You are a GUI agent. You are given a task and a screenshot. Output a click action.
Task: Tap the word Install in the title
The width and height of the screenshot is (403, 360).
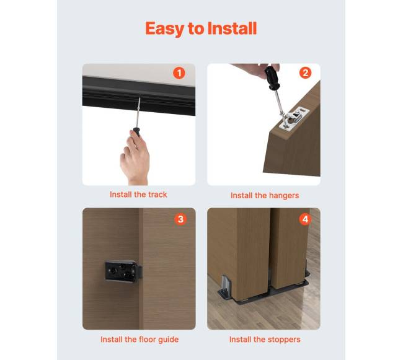pyautogui.click(x=232, y=28)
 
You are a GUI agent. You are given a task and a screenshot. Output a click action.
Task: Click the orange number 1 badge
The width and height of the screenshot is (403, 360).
pyautogui.click(x=179, y=73)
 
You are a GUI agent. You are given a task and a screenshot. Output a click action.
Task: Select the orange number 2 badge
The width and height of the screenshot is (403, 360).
pyautogui.click(x=305, y=73)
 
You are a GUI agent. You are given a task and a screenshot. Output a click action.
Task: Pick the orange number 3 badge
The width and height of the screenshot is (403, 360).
pyautogui.click(x=180, y=219)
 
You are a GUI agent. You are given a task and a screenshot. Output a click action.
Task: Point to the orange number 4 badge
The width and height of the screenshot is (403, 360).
pyautogui.click(x=305, y=219)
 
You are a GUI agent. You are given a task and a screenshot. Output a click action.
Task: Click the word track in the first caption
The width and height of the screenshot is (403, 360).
pyautogui.click(x=158, y=195)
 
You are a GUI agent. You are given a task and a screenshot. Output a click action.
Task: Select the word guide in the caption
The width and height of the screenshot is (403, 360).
pyautogui.click(x=169, y=340)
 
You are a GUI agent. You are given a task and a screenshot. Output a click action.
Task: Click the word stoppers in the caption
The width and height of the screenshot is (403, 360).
pyautogui.click(x=285, y=340)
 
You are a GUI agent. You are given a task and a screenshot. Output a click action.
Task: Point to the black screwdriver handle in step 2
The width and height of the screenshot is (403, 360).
pyautogui.click(x=272, y=77)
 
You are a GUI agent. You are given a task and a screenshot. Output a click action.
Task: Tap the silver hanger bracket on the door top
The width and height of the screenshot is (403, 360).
pyautogui.click(x=294, y=118)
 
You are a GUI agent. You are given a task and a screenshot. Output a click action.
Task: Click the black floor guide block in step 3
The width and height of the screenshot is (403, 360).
pyautogui.click(x=123, y=271)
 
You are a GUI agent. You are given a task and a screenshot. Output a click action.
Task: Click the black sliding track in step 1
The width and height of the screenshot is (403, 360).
pyautogui.click(x=139, y=95)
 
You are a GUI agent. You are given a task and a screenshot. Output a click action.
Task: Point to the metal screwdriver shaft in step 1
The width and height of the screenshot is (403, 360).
pyautogui.click(x=138, y=113)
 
